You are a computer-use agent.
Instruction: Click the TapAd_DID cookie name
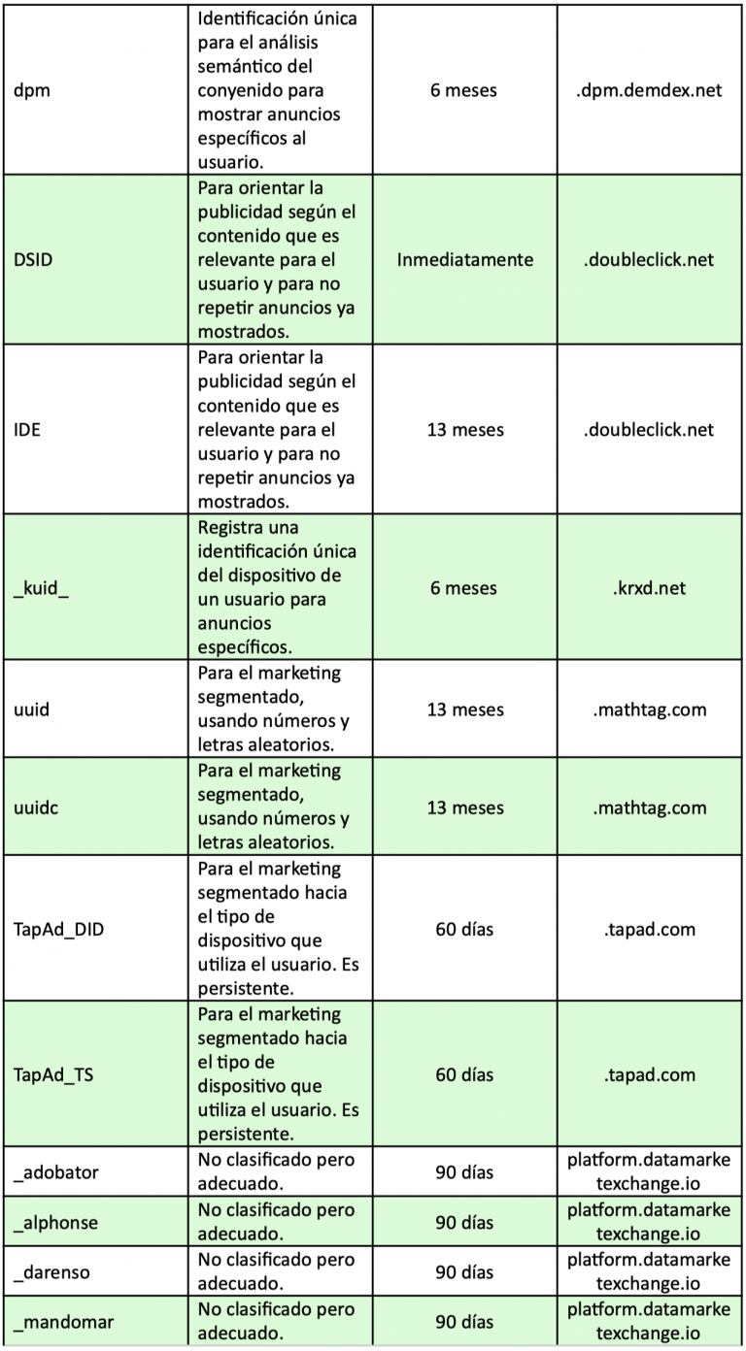(x=59, y=929)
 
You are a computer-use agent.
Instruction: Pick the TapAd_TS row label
(x=54, y=1074)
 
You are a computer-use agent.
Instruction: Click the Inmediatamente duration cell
(x=465, y=259)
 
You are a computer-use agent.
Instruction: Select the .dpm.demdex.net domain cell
(x=648, y=90)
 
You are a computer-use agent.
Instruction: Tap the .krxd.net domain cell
(x=648, y=588)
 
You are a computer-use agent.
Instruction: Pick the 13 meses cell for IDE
(x=465, y=430)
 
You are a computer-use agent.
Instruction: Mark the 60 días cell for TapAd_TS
(x=464, y=1074)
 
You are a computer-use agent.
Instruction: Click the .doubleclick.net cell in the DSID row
(x=648, y=259)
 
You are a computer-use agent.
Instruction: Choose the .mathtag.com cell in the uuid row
(x=648, y=709)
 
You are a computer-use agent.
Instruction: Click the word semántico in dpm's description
(x=241, y=67)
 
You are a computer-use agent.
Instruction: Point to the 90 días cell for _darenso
(x=464, y=1272)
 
